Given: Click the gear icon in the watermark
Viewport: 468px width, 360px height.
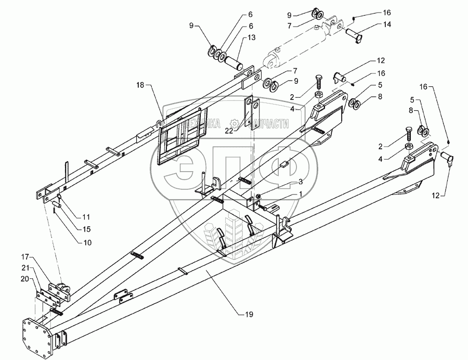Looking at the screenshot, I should click(x=235, y=123).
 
